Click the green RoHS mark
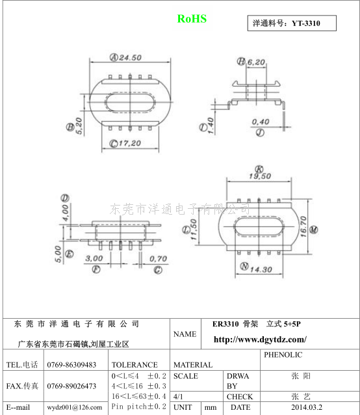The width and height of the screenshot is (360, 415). click(192, 19)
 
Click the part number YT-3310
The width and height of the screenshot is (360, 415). click(306, 23)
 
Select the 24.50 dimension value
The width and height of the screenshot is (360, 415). click(130, 57)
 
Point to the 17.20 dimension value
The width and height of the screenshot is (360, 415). click(129, 143)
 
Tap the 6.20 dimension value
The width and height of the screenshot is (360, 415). click(256, 62)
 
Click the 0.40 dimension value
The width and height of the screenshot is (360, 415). click(261, 122)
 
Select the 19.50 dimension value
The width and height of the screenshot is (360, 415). click(260, 176)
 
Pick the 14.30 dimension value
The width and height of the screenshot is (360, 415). click(261, 269)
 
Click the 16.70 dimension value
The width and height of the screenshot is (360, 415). click(303, 226)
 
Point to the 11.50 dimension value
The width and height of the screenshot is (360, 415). click(194, 230)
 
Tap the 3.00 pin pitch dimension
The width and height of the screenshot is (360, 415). click(94, 258)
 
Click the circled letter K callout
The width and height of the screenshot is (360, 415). click(259, 169)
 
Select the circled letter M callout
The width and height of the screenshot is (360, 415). click(314, 230)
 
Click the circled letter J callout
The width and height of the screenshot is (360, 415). click(260, 132)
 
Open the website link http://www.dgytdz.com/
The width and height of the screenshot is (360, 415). click(260, 340)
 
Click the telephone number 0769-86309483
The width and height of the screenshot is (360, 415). click(71, 365)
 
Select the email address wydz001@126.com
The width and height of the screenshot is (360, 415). click(75, 407)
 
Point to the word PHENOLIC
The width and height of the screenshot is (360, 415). click(283, 355)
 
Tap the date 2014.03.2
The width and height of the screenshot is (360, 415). click(307, 407)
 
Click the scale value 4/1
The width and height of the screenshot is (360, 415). click(178, 397)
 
